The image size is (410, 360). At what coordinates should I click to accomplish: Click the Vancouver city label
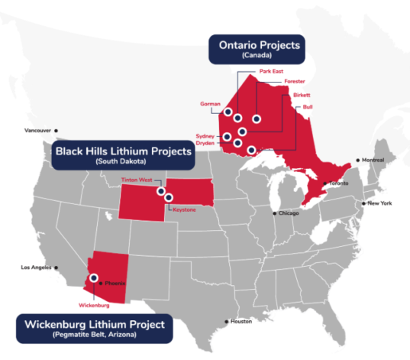[37, 131]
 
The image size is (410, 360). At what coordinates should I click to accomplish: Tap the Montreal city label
[373, 160]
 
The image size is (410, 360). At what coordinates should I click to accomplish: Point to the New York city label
[379, 203]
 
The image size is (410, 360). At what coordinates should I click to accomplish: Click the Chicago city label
[289, 212]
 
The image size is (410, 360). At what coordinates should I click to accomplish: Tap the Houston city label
[241, 321]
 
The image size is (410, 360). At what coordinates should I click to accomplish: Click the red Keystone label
[184, 209]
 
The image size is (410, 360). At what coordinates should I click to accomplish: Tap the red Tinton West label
[137, 180]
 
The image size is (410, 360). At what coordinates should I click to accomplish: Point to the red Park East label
[271, 71]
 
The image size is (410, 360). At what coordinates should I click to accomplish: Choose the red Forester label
[294, 81]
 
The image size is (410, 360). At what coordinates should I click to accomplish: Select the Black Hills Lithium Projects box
[122, 154]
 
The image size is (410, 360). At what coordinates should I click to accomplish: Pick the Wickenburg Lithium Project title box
[92, 327]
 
